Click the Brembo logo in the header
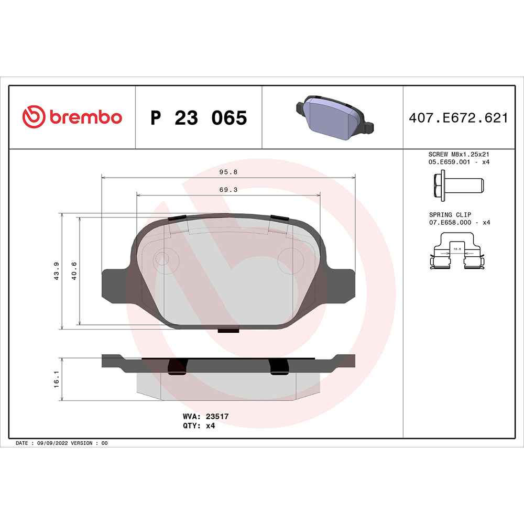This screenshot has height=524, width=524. (x=72, y=117)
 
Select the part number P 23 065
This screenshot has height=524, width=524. (x=198, y=118)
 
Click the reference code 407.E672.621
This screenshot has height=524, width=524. (x=458, y=118)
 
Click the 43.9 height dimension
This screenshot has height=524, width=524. (x=57, y=271)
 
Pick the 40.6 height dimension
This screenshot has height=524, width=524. (x=74, y=271)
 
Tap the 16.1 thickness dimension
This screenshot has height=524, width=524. (x=57, y=379)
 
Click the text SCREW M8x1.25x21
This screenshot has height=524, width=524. (x=458, y=155)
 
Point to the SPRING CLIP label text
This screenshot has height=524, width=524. (x=450, y=215)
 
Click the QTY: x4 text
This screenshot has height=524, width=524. (x=199, y=426)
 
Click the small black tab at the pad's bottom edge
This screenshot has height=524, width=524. (x=228, y=330)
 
